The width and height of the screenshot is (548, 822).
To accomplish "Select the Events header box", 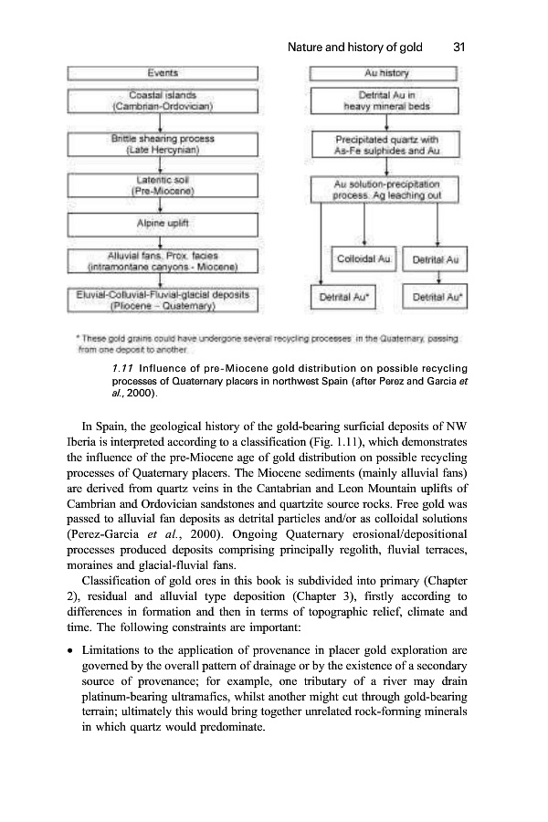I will coord(163,71).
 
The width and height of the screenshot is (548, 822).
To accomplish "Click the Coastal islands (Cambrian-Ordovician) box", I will coord(163,100).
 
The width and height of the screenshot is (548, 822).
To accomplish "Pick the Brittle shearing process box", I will coord(163,144).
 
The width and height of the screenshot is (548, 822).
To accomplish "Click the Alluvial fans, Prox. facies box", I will coord(163,259).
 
